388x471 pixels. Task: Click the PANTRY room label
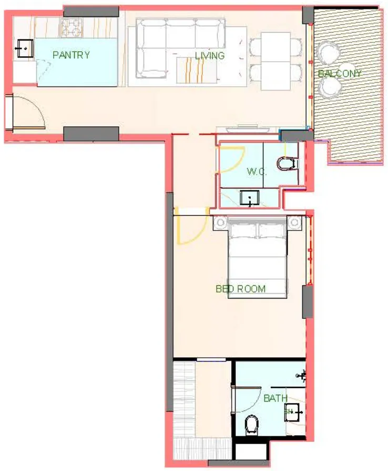71,55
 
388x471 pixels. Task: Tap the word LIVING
210,55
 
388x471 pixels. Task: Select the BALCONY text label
340,74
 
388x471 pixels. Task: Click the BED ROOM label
240,288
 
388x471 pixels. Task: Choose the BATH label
275,398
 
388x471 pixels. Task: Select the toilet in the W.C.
285,164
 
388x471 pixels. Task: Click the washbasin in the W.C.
248,197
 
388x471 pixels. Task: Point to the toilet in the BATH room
252,424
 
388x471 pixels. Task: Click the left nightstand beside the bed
220,223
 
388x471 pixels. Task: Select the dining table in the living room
276,61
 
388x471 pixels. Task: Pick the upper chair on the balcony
329,53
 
